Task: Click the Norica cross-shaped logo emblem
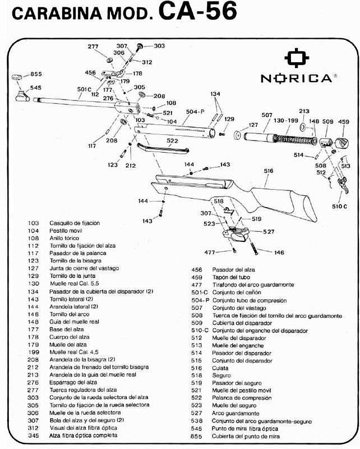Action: [297, 58]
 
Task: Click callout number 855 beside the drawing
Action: [36, 74]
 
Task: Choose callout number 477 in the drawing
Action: [210, 252]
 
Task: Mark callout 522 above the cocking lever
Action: [172, 141]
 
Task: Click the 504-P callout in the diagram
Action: [193, 112]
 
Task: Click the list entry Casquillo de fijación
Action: [75, 223]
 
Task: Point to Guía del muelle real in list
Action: [74, 322]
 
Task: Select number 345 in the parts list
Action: [34, 436]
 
